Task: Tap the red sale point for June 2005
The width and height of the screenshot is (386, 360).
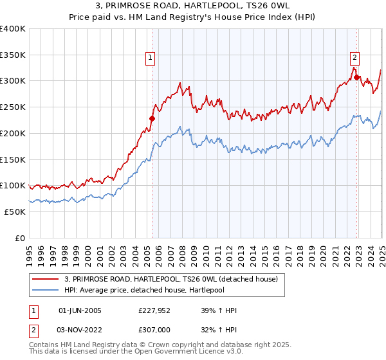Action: (152, 118)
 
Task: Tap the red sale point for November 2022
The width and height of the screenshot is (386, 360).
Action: (356, 77)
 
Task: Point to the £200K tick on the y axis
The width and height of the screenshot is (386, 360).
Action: (13, 133)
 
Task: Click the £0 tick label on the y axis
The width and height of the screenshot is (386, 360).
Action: (21, 238)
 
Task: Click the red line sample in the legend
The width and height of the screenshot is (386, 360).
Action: (44, 280)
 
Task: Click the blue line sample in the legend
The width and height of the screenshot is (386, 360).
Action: (44, 291)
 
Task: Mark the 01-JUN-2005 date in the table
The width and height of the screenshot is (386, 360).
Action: (80, 310)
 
